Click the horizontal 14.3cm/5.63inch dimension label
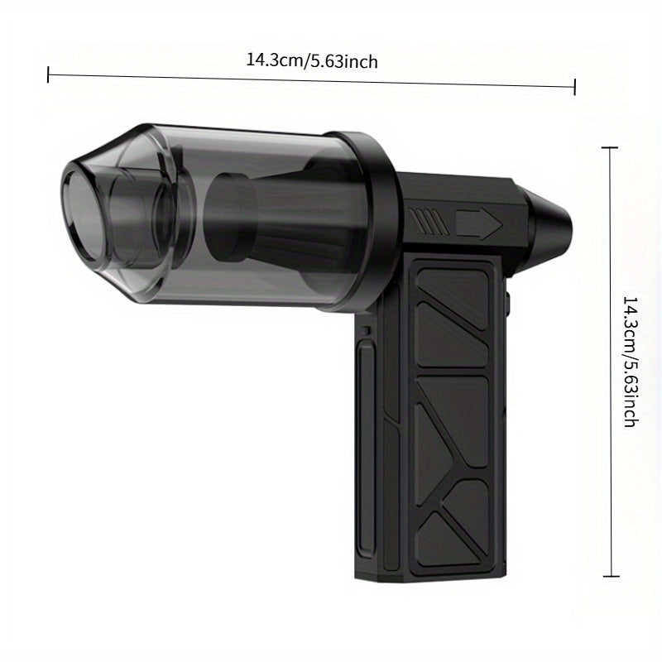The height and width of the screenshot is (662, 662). (312, 60)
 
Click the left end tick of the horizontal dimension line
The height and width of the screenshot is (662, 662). (49, 74)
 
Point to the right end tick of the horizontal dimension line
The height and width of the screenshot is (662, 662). (574, 87)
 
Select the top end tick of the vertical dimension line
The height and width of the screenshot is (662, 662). (610, 148)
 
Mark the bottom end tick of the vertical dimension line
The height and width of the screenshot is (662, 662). (611, 576)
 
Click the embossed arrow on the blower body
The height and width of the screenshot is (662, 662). (479, 223)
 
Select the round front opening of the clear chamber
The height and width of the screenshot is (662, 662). (81, 215)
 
